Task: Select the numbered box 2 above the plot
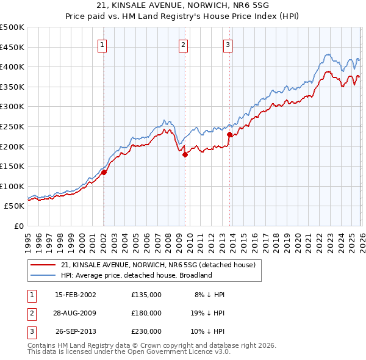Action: coord(183,44)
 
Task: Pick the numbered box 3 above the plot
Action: coord(228,44)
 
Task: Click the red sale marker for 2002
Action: coord(104,172)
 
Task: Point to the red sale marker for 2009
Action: coord(185,154)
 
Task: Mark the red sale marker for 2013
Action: coord(229,134)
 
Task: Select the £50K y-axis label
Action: coord(15,206)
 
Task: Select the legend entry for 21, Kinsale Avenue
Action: coord(161,265)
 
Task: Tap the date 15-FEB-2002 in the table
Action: coord(76,295)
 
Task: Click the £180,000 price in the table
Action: coord(146,313)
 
